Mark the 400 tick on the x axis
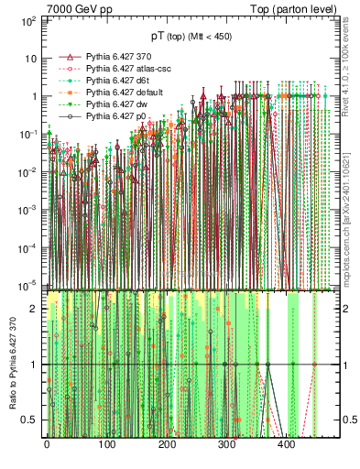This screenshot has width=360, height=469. tap(287, 445)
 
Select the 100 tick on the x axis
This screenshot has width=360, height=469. tap(106, 445)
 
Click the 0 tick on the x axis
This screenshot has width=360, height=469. tap(47, 445)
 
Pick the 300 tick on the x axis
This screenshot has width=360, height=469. tap(226, 445)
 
